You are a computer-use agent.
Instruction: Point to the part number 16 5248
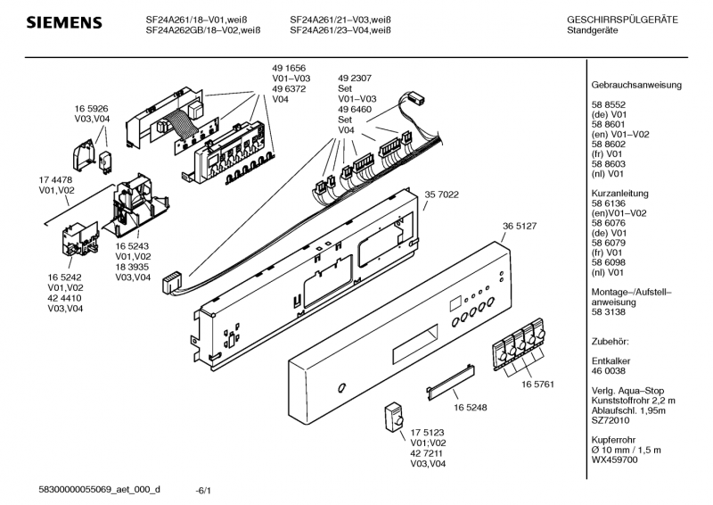(x=470, y=405)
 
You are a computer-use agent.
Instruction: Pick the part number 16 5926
(x=92, y=107)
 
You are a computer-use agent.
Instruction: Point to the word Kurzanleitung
(x=619, y=194)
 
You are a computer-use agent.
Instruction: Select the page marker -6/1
(x=203, y=490)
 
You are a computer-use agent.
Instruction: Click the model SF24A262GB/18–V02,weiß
(x=202, y=29)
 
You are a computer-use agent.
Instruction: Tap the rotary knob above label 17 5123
(x=393, y=418)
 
